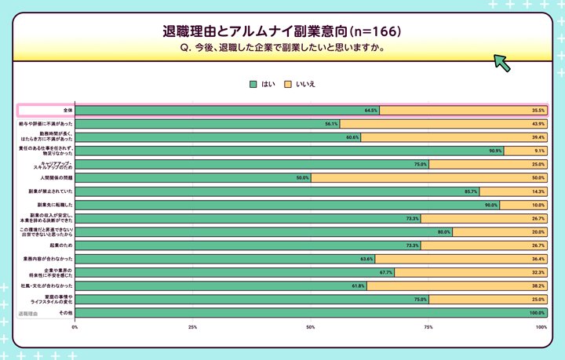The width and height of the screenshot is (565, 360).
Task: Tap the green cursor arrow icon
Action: click(x=502, y=63)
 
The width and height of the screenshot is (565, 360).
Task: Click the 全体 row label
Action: click(x=67, y=111)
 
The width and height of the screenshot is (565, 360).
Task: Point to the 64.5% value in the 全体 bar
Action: click(x=371, y=111)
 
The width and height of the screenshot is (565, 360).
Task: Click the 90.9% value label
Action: click(x=495, y=151)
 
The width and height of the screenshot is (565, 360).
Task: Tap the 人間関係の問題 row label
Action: click(x=56, y=178)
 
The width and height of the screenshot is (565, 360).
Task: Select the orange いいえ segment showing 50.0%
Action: click(x=428, y=178)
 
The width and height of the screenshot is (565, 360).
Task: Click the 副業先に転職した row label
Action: click(x=56, y=205)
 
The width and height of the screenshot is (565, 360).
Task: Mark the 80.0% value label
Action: click(x=444, y=232)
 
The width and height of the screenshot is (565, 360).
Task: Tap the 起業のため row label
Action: click(x=61, y=245)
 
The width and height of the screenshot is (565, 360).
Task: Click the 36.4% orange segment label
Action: click(x=538, y=259)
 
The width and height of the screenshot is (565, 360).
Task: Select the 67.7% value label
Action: click(x=386, y=272)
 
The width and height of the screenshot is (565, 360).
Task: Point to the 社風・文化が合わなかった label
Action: click(x=47, y=285)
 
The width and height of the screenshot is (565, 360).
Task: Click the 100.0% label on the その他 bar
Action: click(x=537, y=313)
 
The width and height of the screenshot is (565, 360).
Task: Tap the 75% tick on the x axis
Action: click(x=428, y=326)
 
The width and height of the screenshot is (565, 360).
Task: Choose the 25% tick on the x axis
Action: click(x=192, y=326)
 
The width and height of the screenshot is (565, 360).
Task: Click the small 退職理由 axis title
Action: click(x=29, y=314)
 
